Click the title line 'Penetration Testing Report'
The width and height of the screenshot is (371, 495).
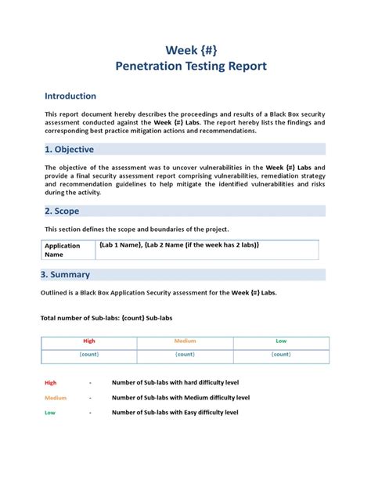[191, 66]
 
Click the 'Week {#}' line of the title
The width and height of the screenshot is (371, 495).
[191, 49]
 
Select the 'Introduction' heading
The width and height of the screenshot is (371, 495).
[70, 96]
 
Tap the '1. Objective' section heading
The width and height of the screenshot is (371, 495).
[70, 150]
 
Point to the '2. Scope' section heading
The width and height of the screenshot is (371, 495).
[62, 211]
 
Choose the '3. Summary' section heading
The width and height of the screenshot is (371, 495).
[65, 275]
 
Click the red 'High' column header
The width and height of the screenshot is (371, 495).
[88, 341]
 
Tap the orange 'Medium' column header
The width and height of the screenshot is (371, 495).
[185, 341]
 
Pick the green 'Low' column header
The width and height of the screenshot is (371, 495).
[281, 341]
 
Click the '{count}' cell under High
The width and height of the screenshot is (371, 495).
[88, 355]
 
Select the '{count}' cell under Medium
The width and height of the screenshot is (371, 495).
[185, 355]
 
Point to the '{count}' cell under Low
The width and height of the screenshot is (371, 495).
[281, 355]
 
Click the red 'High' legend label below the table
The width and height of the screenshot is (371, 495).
[51, 383]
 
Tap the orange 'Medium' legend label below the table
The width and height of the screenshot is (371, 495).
[56, 398]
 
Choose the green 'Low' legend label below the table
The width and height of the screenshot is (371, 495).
[50, 412]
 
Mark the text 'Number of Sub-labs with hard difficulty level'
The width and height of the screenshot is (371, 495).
[175, 383]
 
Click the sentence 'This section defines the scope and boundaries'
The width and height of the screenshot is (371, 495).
[137, 229]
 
